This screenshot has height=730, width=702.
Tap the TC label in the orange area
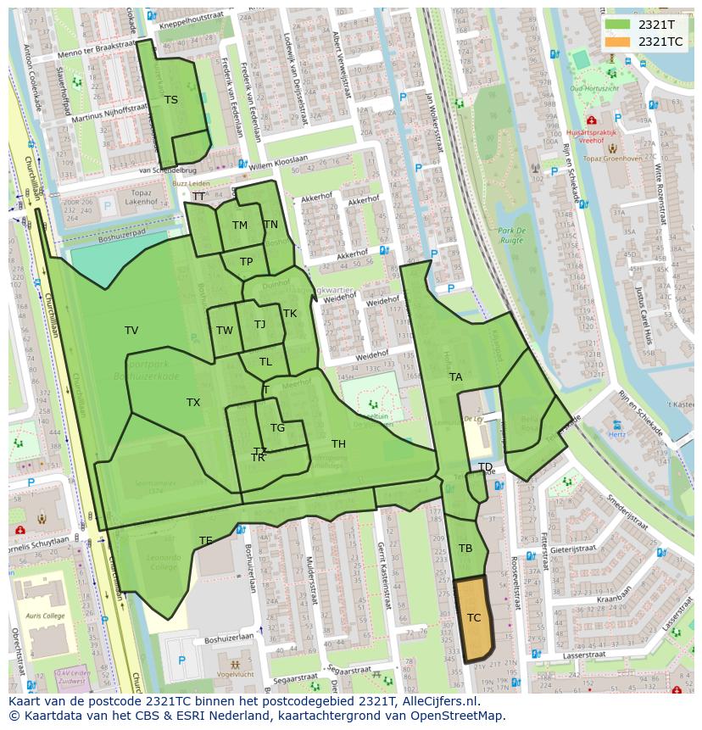click(474, 618)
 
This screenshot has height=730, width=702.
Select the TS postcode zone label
click(171, 100)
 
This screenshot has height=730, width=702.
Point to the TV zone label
click(131, 331)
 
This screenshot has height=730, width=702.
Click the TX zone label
click(193, 403)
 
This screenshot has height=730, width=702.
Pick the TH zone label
click(338, 444)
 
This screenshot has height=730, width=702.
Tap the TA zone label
click(456, 377)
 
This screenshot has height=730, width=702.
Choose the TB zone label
click(465, 549)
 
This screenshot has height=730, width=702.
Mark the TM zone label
click(240, 226)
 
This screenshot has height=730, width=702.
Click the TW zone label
click(224, 331)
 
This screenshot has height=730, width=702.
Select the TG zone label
click(277, 428)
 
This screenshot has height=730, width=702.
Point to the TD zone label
click(485, 467)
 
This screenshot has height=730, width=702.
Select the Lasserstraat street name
click(577, 655)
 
